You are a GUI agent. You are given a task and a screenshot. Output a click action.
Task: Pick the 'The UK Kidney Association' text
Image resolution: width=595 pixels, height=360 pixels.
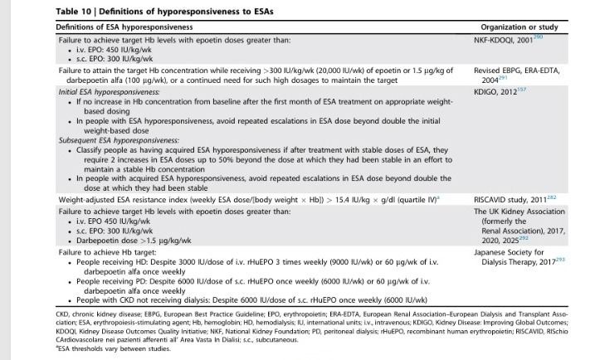tap(523, 212)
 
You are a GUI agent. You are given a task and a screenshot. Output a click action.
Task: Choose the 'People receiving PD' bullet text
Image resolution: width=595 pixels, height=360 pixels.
tap(97, 280)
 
